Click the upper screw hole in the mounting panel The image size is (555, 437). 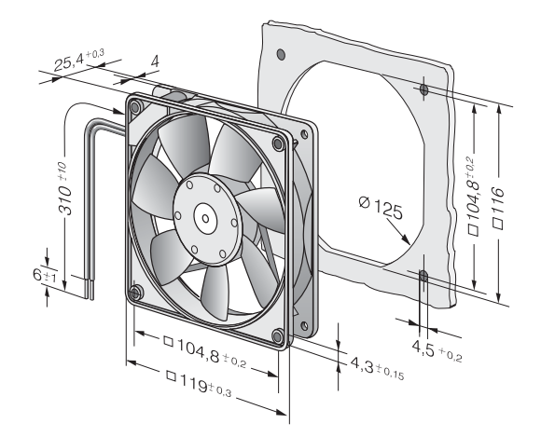tap(423, 90)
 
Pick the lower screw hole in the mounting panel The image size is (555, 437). tap(423, 277)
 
